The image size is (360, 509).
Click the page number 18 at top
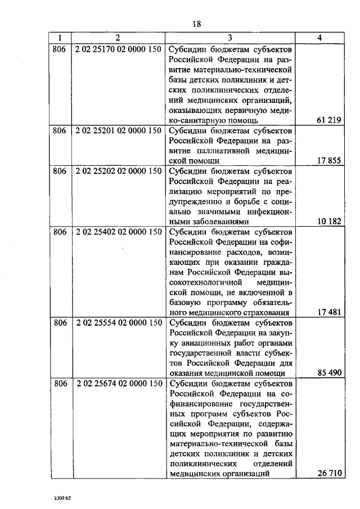point(196,24)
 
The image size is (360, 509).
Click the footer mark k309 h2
point(62,498)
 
